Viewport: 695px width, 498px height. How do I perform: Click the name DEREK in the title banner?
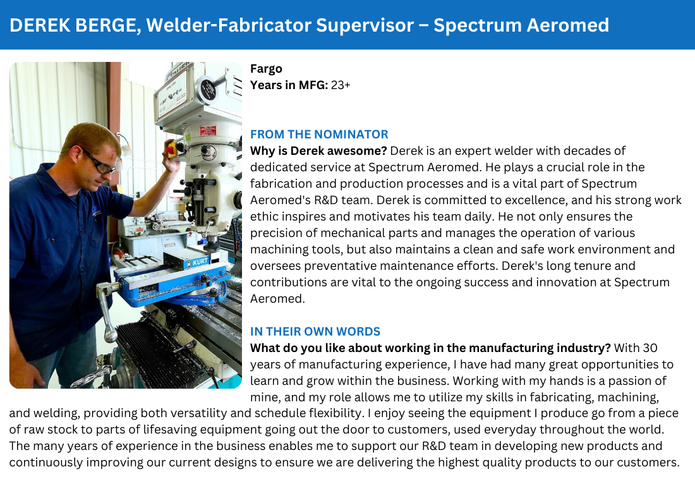[39, 25]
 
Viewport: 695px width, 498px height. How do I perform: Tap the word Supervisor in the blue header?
[365, 26]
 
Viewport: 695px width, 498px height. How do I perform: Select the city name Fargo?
[266, 69]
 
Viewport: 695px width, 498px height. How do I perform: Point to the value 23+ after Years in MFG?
[341, 85]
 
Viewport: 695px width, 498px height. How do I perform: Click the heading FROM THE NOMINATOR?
[319, 135]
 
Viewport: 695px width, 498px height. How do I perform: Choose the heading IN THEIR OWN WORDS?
[315, 331]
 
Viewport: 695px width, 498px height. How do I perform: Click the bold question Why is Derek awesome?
[318, 151]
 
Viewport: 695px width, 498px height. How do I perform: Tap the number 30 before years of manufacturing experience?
[650, 348]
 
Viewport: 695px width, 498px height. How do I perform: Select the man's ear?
[76, 155]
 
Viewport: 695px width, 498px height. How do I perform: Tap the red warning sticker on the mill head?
[207, 131]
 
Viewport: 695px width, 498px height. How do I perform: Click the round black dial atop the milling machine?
[206, 88]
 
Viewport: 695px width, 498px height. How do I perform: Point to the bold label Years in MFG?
[289, 85]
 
